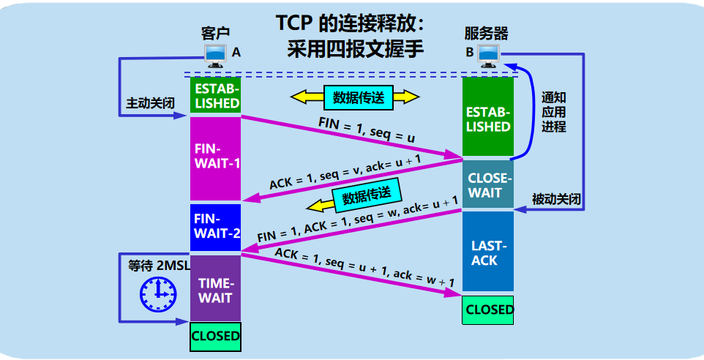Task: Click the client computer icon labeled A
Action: coord(216,53)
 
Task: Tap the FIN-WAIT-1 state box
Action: coord(215,157)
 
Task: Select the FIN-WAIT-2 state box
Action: coord(215,226)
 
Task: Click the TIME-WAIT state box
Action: coord(215,290)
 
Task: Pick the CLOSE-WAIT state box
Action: coord(488,184)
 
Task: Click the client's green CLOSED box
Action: coord(215,337)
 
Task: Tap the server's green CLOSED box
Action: coord(488,310)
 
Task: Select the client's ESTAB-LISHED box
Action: coord(215,95)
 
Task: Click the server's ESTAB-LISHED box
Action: coord(488,119)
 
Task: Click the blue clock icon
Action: coord(158,293)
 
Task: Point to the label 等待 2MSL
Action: coord(157,265)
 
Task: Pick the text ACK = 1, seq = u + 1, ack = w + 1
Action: coord(364,267)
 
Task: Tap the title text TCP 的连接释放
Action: coord(351,23)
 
